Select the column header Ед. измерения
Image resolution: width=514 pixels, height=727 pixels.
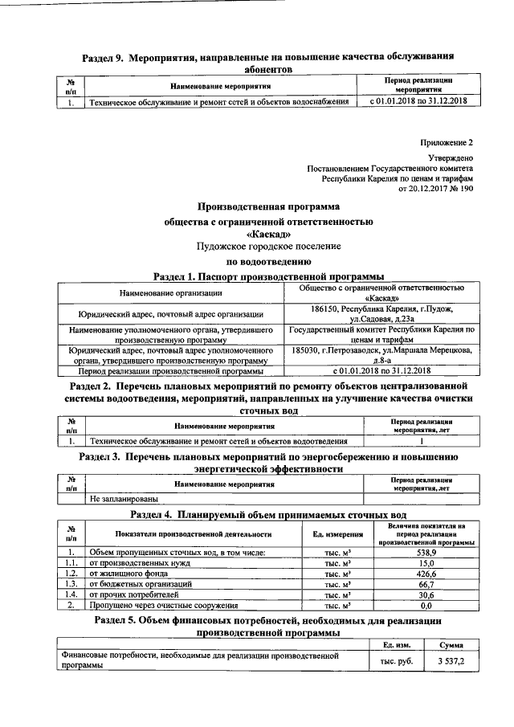[335, 534]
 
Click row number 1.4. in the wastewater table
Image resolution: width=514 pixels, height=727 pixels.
[72, 595]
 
